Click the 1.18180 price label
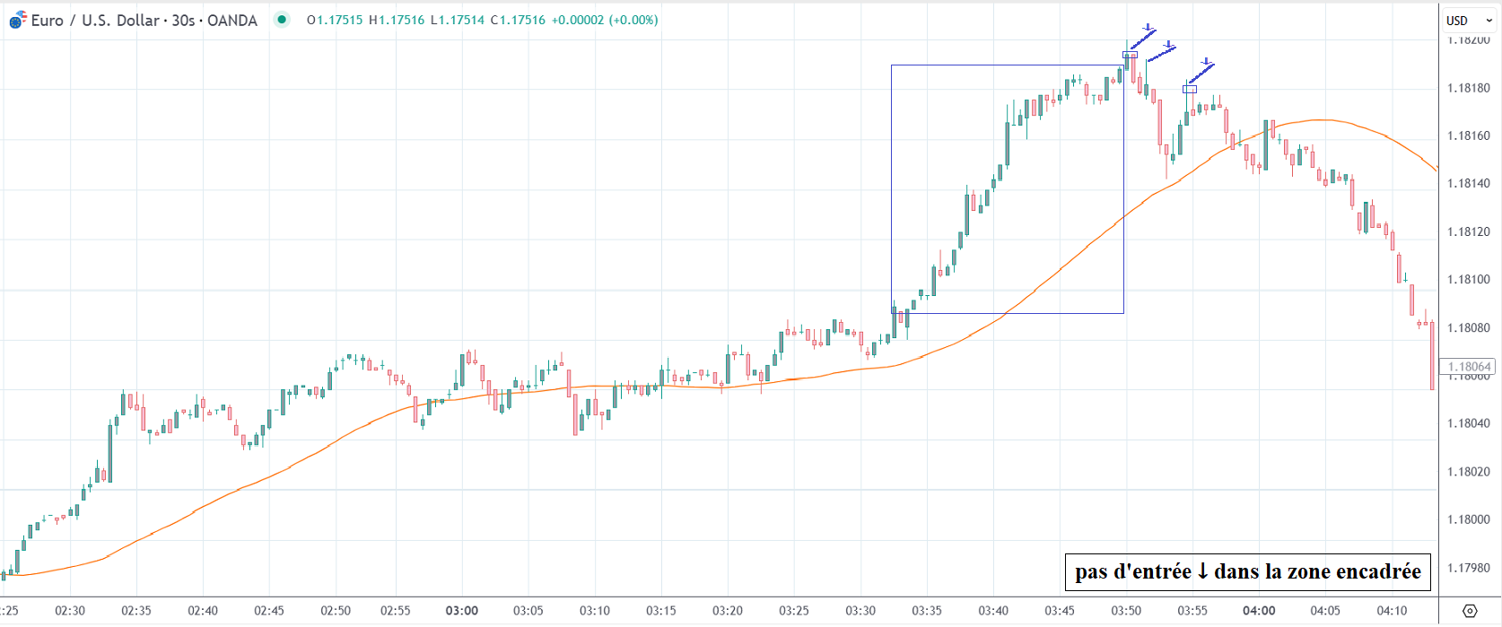click(1468, 88)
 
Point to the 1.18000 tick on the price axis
click(1468, 519)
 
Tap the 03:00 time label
click(462, 611)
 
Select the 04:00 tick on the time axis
click(1259, 611)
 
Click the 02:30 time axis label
click(70, 611)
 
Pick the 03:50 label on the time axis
click(1126, 611)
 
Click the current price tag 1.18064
click(1468, 367)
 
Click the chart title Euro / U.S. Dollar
click(95, 21)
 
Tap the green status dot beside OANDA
click(283, 20)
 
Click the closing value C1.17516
click(518, 20)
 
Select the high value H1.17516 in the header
click(397, 20)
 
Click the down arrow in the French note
click(1202, 571)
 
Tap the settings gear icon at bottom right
click(1470, 611)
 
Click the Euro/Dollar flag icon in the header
click(18, 20)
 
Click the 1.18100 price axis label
click(1468, 279)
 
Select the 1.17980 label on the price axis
click(1468, 568)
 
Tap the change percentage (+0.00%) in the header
click(633, 20)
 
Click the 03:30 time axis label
click(860, 611)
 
